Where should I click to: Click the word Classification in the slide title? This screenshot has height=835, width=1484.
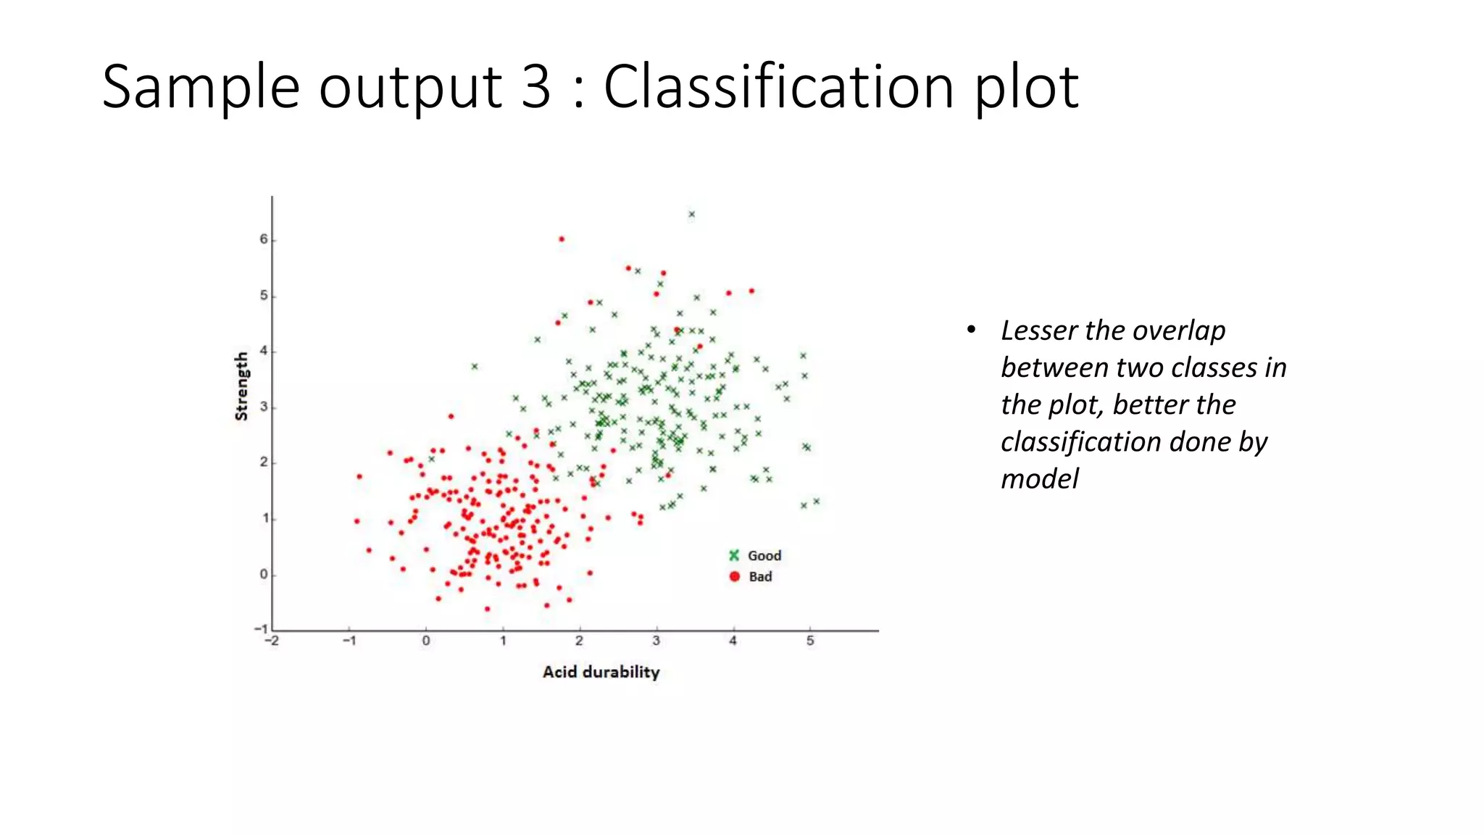tap(780, 87)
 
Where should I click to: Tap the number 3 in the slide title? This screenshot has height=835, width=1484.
tap(535, 87)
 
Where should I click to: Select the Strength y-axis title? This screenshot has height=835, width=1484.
tap(241, 386)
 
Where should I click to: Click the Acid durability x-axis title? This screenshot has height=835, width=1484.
tap(601, 672)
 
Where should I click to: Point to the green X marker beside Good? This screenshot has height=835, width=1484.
tap(734, 555)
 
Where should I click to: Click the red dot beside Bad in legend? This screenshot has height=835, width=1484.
tap(734, 576)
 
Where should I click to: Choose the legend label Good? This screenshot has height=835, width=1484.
tap(764, 556)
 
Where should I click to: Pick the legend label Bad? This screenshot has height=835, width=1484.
tap(760, 577)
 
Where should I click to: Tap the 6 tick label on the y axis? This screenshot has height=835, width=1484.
tap(264, 239)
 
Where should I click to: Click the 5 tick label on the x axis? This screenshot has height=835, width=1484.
tap(810, 641)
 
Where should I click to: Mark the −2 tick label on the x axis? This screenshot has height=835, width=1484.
tap(272, 641)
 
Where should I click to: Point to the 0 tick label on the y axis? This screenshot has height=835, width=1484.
tap(264, 574)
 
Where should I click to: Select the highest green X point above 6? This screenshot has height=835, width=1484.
tap(692, 215)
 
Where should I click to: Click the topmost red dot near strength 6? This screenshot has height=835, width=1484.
tap(562, 239)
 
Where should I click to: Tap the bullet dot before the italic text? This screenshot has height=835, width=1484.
tap(971, 331)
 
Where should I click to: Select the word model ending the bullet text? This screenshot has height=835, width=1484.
tap(1040, 479)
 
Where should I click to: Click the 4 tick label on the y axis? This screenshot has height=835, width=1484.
tap(264, 351)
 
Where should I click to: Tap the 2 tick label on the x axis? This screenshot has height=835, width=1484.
tap(579, 641)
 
